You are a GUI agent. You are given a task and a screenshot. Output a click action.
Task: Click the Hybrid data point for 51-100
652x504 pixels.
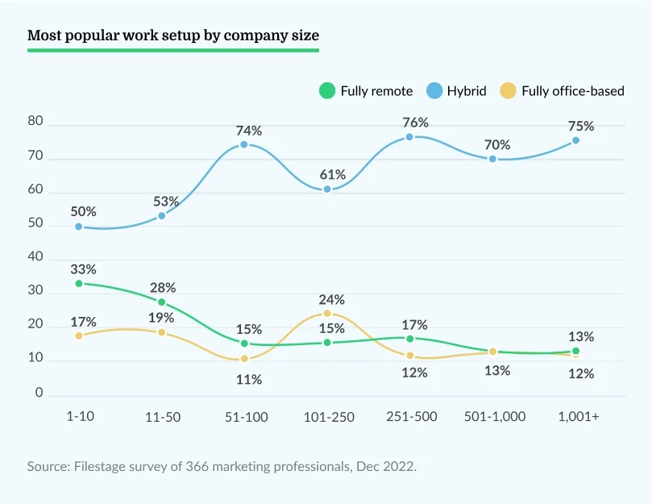(244, 145)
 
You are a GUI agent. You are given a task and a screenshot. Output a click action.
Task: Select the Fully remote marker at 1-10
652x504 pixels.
(79, 284)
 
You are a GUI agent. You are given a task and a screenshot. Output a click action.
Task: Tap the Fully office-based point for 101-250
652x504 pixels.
(327, 313)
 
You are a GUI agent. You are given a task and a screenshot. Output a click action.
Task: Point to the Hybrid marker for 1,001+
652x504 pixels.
(575, 140)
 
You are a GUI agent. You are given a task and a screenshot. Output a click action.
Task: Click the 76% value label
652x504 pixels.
(415, 123)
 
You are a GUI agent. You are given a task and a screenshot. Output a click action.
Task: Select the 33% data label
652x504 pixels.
(84, 269)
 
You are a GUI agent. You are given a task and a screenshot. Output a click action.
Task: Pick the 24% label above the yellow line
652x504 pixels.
(331, 298)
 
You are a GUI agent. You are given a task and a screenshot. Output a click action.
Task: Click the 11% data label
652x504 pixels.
(249, 380)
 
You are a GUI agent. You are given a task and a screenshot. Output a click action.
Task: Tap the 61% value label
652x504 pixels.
(332, 175)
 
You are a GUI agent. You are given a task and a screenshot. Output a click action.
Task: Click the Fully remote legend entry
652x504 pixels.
(367, 91)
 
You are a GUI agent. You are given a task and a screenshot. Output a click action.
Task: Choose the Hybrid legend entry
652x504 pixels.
(458, 91)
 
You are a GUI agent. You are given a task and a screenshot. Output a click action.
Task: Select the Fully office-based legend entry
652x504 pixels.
(563, 91)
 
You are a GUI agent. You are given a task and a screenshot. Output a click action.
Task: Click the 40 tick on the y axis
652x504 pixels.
(35, 257)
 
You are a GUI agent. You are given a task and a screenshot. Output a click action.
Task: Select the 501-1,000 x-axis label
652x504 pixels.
(495, 416)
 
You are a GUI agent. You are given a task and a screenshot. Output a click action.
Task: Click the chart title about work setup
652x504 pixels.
(173, 35)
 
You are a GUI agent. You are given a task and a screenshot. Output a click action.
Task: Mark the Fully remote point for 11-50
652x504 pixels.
(161, 302)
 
